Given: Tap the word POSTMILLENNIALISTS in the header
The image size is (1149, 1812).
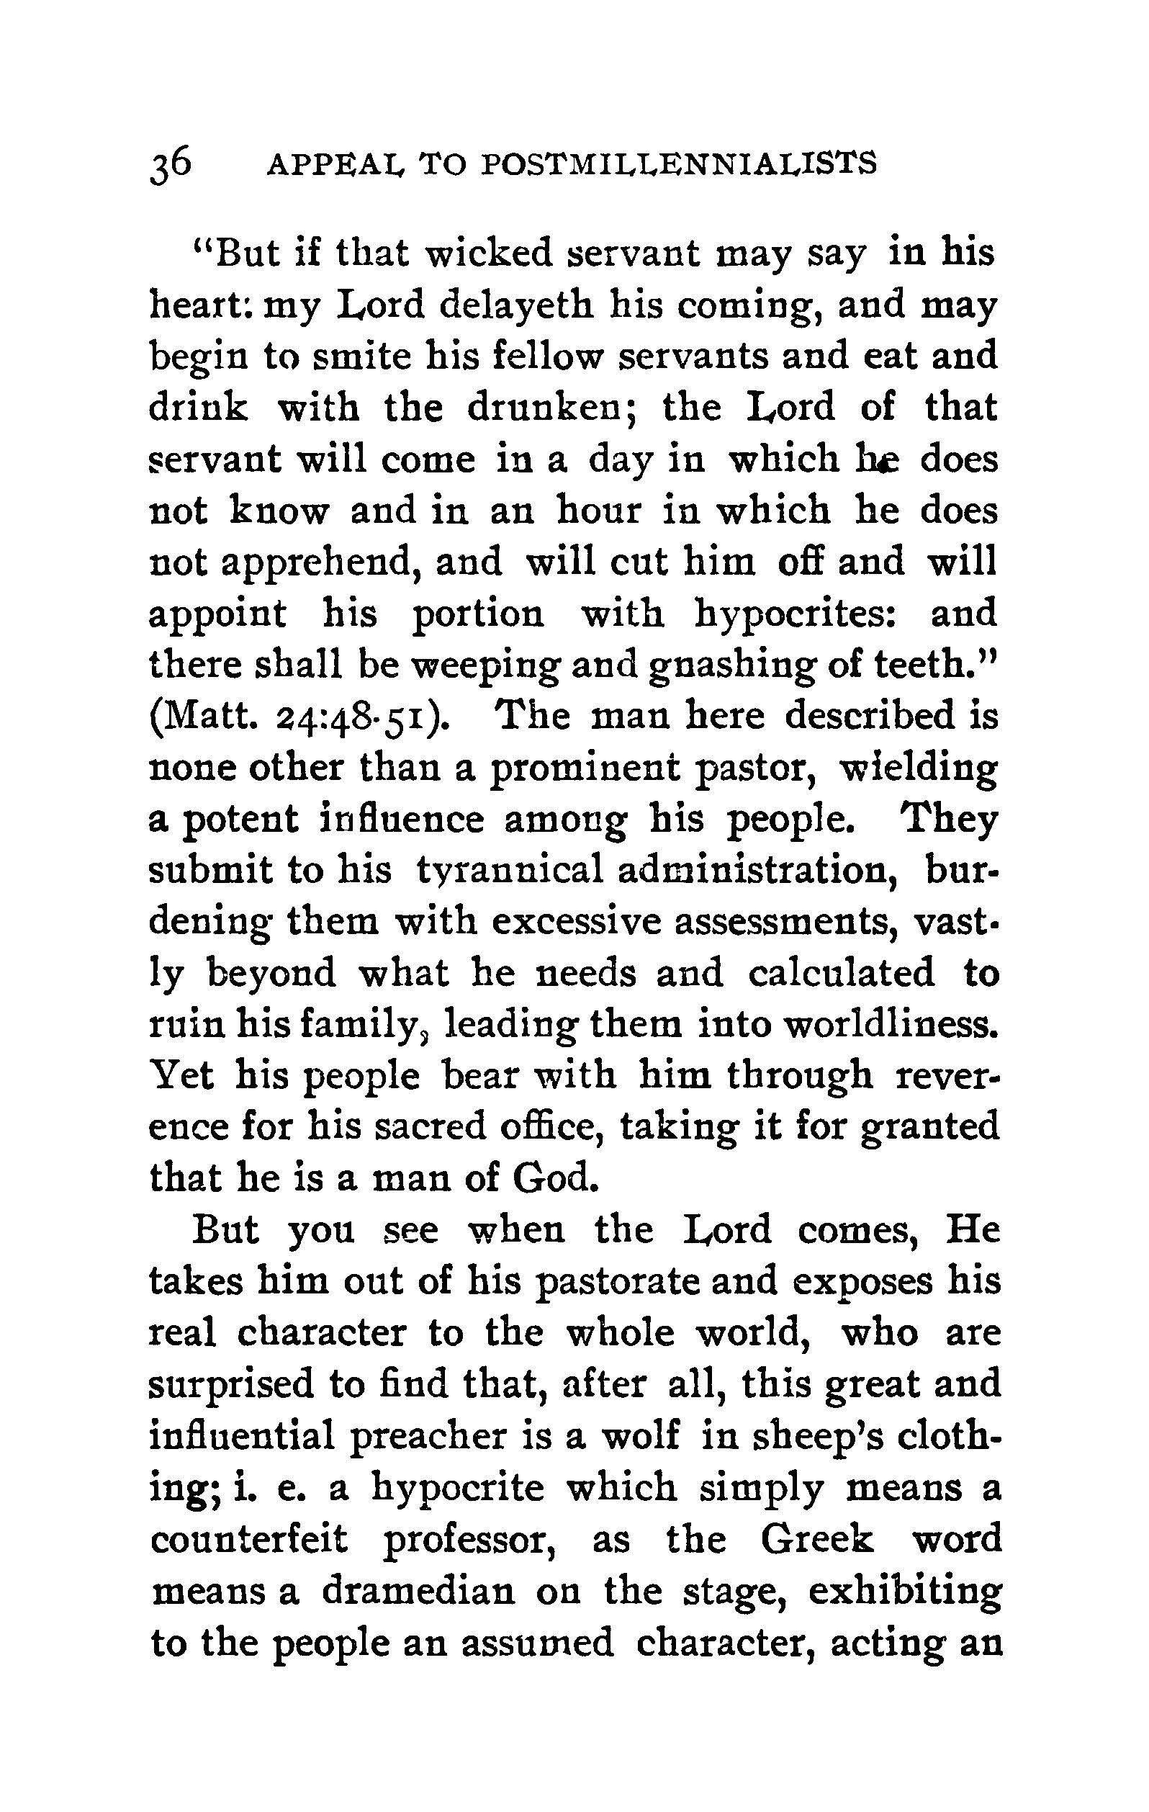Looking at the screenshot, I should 679,165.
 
